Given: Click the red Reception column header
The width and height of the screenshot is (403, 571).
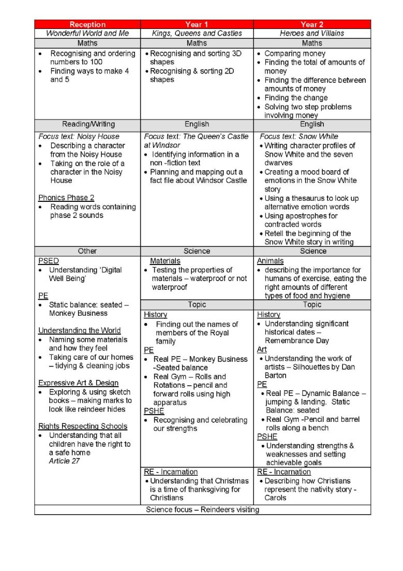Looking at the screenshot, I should (x=87, y=24).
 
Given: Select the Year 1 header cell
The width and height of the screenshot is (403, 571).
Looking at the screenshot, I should (x=197, y=24).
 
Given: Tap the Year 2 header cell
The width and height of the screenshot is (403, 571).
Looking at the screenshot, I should (x=312, y=24).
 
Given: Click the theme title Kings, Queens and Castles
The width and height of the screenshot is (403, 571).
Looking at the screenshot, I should (x=197, y=33).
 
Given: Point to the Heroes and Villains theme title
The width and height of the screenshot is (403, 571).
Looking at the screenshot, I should (x=312, y=33).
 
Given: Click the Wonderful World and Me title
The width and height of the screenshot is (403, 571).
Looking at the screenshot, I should (x=87, y=33).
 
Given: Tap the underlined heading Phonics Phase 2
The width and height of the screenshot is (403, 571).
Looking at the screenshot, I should (x=66, y=198).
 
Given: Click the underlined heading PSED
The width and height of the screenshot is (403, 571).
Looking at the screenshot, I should (x=49, y=261).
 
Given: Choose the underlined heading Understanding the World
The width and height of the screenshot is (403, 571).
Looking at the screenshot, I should (x=79, y=330).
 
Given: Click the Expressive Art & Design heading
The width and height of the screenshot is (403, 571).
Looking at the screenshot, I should (x=78, y=383).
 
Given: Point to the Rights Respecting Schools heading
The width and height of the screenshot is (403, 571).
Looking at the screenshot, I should (x=83, y=426).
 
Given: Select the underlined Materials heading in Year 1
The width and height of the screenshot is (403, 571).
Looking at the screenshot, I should (x=165, y=261).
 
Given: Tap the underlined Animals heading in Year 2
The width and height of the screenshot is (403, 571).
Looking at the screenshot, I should (x=270, y=261).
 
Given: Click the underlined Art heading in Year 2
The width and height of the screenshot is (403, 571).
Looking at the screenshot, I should (x=262, y=349).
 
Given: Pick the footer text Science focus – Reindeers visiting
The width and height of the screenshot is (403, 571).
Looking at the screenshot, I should (x=203, y=509).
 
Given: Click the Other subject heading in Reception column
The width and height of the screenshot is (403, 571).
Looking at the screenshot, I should (x=87, y=251).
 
